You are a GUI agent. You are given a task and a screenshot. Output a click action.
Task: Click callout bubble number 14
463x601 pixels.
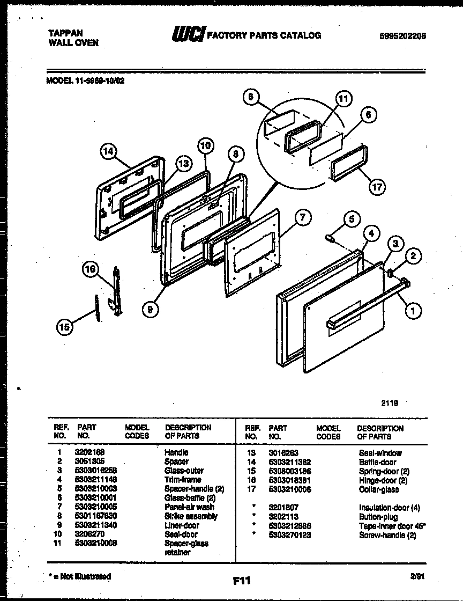pyautogui.click(x=109, y=152)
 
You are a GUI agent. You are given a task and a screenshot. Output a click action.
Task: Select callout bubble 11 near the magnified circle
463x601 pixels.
pyautogui.click(x=343, y=99)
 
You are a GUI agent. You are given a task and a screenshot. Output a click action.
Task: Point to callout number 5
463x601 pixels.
pyautogui.click(x=351, y=219)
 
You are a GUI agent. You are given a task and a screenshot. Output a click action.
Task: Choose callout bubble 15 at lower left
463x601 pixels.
pyautogui.click(x=65, y=327)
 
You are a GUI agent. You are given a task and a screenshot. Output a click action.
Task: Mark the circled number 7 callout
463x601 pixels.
pyautogui.click(x=303, y=217)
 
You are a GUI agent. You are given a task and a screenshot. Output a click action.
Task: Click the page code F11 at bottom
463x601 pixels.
pyautogui.click(x=242, y=580)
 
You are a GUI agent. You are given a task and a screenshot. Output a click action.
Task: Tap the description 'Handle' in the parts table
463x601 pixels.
pyautogui.click(x=176, y=452)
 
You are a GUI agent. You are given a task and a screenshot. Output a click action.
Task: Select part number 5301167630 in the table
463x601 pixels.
pyautogui.click(x=97, y=516)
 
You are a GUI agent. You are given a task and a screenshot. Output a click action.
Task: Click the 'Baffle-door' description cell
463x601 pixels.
pyautogui.click(x=377, y=461)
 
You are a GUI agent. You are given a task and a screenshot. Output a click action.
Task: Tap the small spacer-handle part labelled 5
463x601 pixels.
pyautogui.click(x=330, y=238)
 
